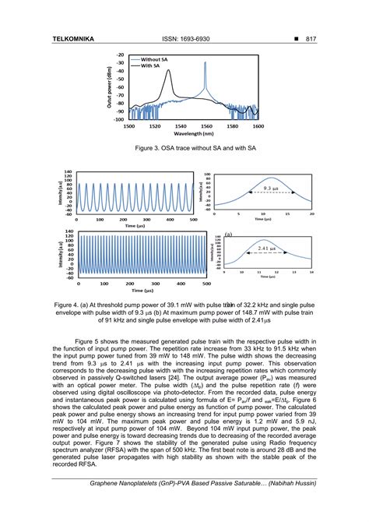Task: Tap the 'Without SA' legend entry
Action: (162, 59)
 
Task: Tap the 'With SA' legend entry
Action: (157, 66)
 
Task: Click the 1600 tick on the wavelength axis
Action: (258, 125)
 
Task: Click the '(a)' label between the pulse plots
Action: (229, 233)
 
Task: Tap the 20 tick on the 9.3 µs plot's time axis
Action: (311, 213)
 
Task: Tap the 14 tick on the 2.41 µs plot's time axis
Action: (311, 273)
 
